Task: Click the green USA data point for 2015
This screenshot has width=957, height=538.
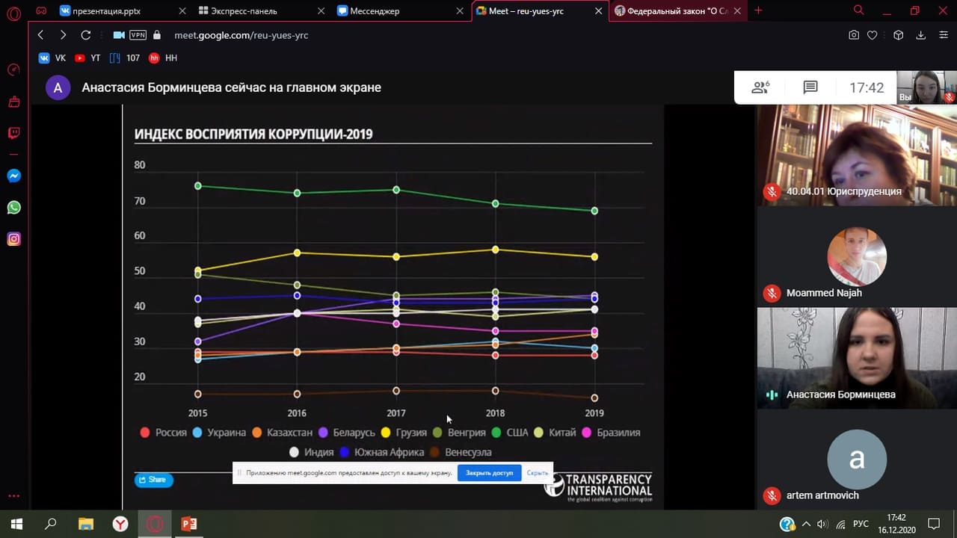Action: tap(198, 185)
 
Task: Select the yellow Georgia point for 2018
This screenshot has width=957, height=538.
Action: tap(495, 249)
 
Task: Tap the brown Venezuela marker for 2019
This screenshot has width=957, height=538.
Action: tap(594, 398)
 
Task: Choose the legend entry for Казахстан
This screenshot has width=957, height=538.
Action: tap(282, 433)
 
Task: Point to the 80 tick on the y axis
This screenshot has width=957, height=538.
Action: tap(140, 165)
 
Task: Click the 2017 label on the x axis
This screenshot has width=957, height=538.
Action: tap(396, 413)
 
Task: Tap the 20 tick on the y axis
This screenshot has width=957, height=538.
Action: tap(140, 377)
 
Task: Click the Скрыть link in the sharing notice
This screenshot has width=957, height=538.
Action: tap(537, 473)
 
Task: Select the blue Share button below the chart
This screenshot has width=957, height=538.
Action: tap(153, 480)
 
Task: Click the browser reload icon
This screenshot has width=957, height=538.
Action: tap(86, 35)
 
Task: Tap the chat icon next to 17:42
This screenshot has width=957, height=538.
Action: tap(810, 87)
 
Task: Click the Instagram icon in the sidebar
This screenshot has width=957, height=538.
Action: tap(13, 239)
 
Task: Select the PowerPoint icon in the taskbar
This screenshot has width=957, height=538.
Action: tap(189, 524)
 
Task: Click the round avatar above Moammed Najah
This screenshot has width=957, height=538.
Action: tap(857, 256)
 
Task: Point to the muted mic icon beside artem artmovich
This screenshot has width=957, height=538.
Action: tap(772, 495)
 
